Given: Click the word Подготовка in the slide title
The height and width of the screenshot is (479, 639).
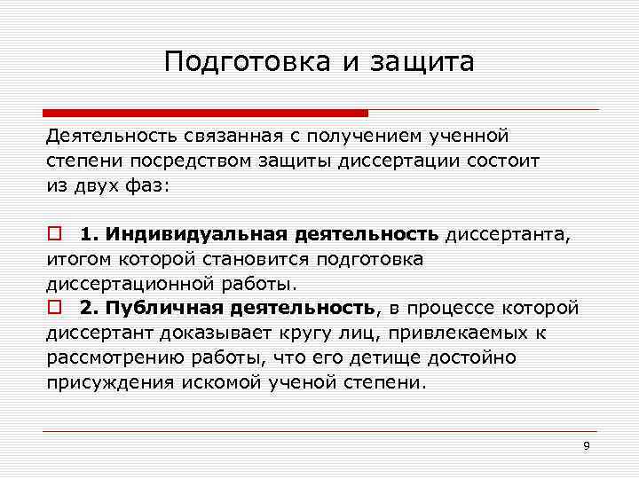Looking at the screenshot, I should pos(233,62).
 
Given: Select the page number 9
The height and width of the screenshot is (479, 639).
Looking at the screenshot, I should pos(586,445).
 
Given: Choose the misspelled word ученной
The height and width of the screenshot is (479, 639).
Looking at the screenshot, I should pos(468,137).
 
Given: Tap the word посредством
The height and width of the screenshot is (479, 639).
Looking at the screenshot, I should pos(178,161).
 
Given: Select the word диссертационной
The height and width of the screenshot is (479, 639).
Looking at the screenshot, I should pos(130,284).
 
